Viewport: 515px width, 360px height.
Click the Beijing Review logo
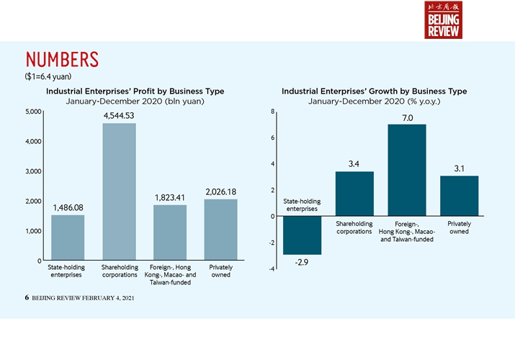[443, 20]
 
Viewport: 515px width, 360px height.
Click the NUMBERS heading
[61, 58]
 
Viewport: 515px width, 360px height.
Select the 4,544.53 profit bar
[120, 192]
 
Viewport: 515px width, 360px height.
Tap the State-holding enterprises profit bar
[68, 238]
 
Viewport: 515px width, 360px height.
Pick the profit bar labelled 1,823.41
[170, 233]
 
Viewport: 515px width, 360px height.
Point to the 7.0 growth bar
[407, 170]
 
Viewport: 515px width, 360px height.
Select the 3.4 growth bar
[354, 194]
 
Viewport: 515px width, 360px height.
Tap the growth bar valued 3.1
[460, 196]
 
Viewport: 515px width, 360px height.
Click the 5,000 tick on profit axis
[33, 112]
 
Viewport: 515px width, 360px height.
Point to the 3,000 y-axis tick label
[33, 171]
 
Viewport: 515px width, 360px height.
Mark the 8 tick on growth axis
[272, 112]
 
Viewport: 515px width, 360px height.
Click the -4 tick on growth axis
[272, 269]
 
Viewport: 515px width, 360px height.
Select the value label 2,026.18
[221, 191]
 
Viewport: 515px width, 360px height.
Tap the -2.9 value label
[302, 263]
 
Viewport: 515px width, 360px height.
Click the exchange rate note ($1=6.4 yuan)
[48, 75]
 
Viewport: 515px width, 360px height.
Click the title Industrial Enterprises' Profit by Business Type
[135, 91]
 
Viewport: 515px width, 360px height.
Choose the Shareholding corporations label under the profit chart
[120, 271]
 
